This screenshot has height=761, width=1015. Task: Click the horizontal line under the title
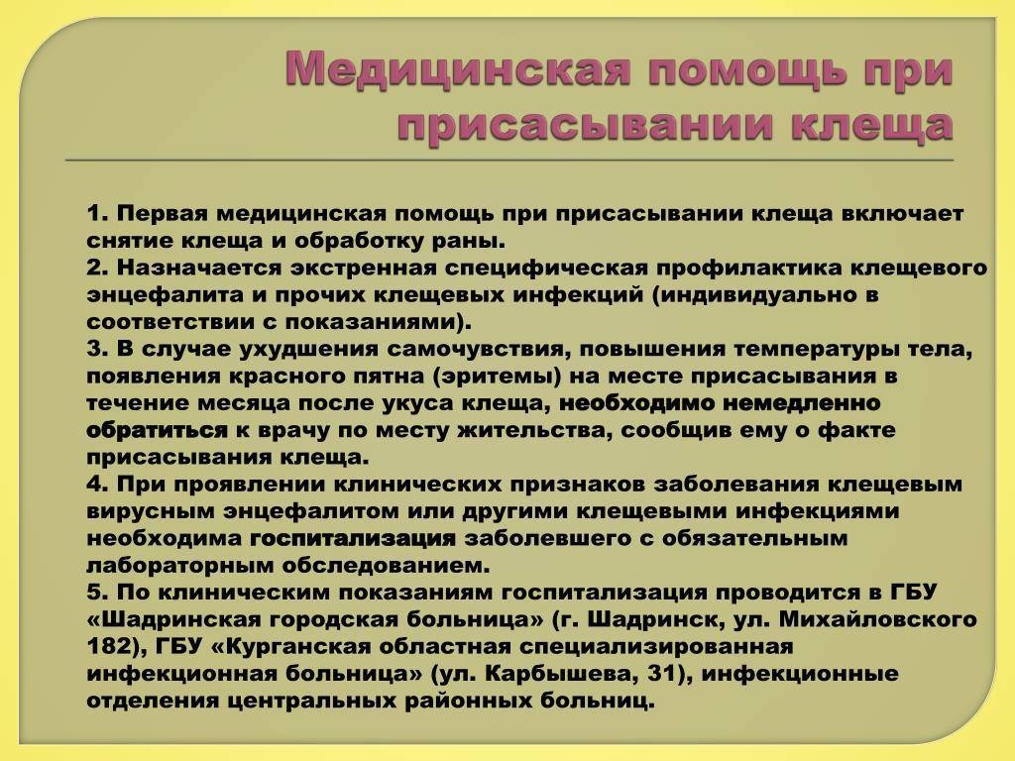509,160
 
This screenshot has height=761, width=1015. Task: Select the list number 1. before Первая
100,213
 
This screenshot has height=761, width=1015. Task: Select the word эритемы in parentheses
493,377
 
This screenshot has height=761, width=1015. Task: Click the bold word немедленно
801,403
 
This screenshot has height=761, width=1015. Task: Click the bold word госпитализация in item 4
353,538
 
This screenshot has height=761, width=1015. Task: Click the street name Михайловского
878,619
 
